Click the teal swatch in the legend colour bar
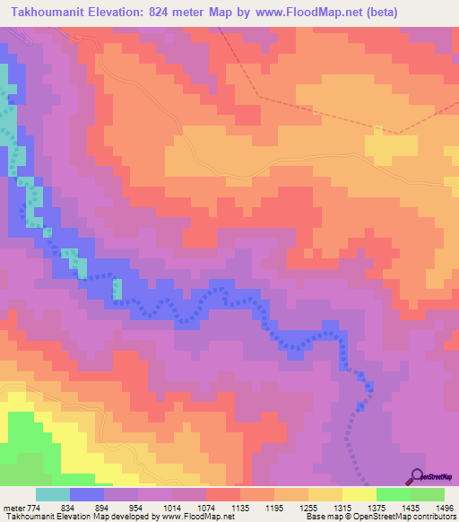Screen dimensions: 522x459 click(x=53, y=494)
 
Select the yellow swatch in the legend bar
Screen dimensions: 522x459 click(x=359, y=494)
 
